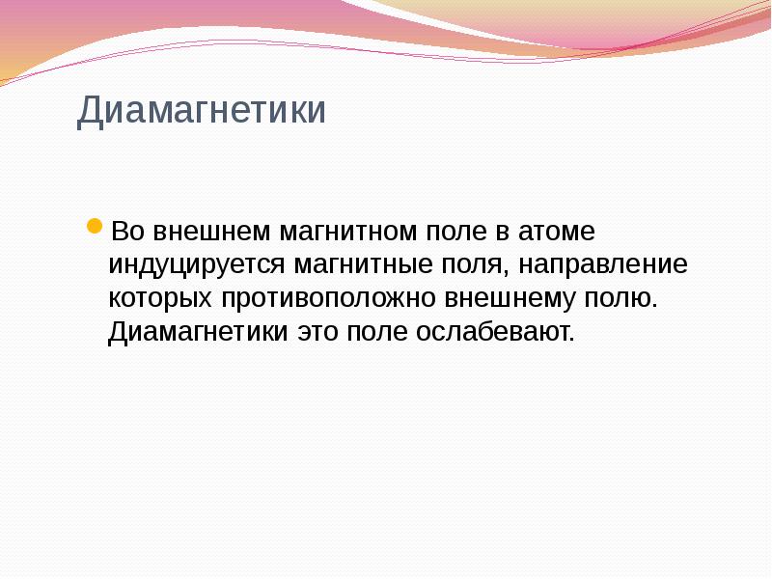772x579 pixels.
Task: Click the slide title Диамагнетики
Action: pos(202,110)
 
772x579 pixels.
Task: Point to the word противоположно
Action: pos(328,298)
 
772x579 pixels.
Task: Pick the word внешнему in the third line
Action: pos(506,298)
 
